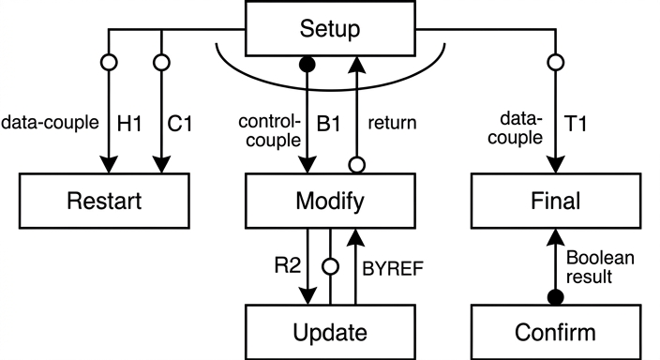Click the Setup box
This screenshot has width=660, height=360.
click(x=330, y=29)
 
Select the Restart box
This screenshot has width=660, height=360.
click(x=104, y=201)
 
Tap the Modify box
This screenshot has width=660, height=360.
click(x=330, y=201)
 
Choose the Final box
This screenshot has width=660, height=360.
click(x=556, y=201)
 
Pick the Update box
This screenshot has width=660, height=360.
click(x=330, y=332)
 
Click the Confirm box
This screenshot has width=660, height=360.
click(x=556, y=332)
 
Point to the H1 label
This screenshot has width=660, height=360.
click(x=129, y=124)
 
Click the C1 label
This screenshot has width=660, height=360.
click(x=180, y=124)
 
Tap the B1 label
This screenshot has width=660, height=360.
click(x=328, y=124)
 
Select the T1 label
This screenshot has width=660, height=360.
click(x=575, y=124)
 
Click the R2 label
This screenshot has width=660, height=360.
click(x=288, y=265)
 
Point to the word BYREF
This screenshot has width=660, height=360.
click(x=393, y=269)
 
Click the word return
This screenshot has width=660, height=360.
click(x=392, y=123)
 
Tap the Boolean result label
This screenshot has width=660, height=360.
click(x=600, y=267)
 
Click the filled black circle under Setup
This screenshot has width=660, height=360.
click(x=307, y=65)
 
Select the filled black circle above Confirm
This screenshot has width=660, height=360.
click(x=556, y=297)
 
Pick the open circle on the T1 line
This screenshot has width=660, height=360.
click(x=556, y=62)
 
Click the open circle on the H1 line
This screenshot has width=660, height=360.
click(x=109, y=62)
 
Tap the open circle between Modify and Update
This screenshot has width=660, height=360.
click(x=330, y=266)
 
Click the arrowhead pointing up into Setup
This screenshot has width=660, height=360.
click(x=357, y=64)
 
